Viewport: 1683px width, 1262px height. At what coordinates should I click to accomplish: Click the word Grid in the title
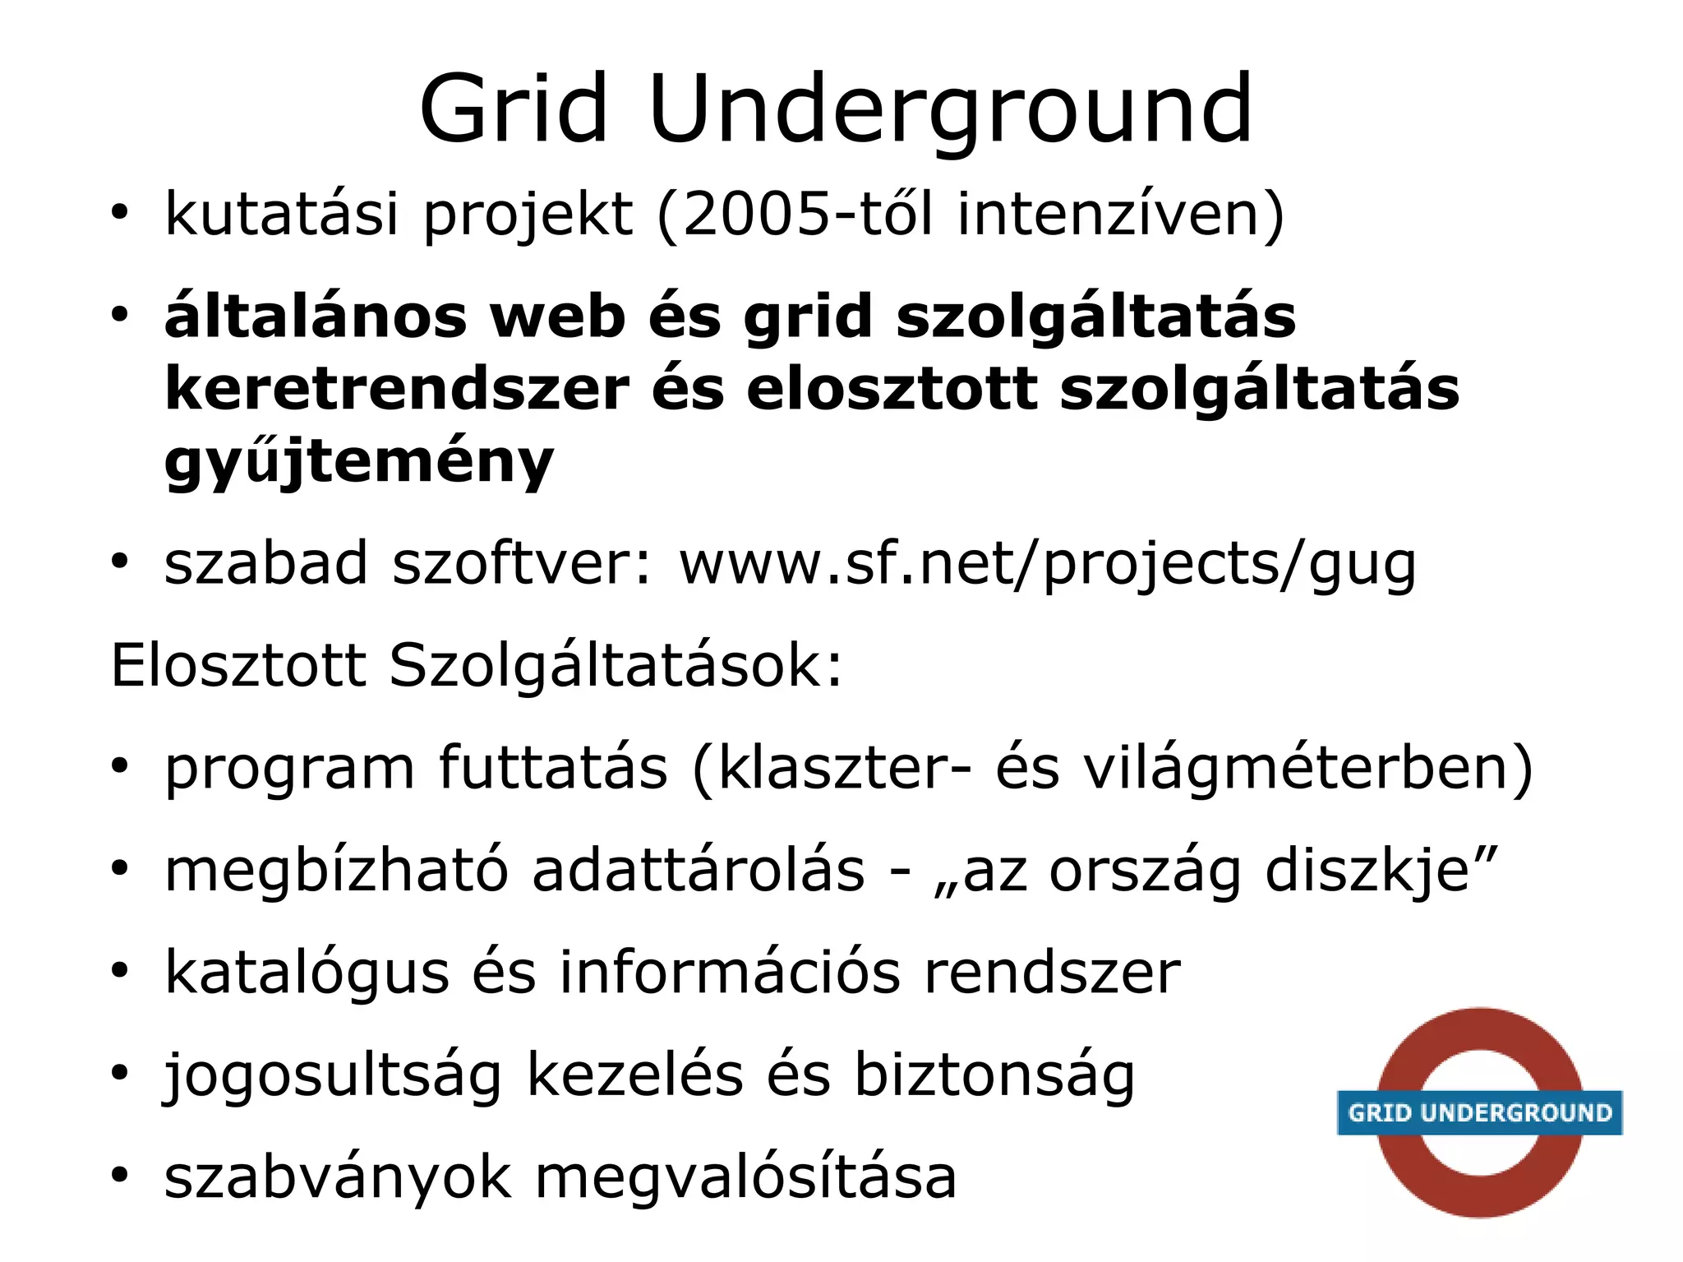click(x=514, y=109)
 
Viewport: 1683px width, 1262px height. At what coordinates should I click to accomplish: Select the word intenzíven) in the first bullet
click(x=1120, y=214)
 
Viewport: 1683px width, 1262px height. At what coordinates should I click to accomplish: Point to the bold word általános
click(x=316, y=317)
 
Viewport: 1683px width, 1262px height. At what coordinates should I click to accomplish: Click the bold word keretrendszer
click(x=397, y=389)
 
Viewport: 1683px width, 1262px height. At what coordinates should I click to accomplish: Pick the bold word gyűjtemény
click(x=359, y=462)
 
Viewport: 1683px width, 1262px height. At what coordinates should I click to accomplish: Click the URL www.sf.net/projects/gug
click(x=1048, y=565)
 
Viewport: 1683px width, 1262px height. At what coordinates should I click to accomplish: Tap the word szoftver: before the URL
click(x=523, y=564)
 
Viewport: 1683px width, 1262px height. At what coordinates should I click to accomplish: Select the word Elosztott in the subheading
click(x=238, y=665)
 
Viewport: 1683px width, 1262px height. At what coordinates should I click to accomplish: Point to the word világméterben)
click(x=1307, y=769)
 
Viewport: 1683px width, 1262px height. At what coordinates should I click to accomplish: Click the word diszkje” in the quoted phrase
click(x=1381, y=871)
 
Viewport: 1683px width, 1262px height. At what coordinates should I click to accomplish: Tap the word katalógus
click(x=307, y=973)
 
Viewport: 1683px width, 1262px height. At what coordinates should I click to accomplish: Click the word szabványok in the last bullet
click(x=338, y=1178)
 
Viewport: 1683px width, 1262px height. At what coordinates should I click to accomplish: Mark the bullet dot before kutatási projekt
click(x=120, y=214)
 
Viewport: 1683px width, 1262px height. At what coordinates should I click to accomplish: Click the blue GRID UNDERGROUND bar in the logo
click(x=1479, y=1112)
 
